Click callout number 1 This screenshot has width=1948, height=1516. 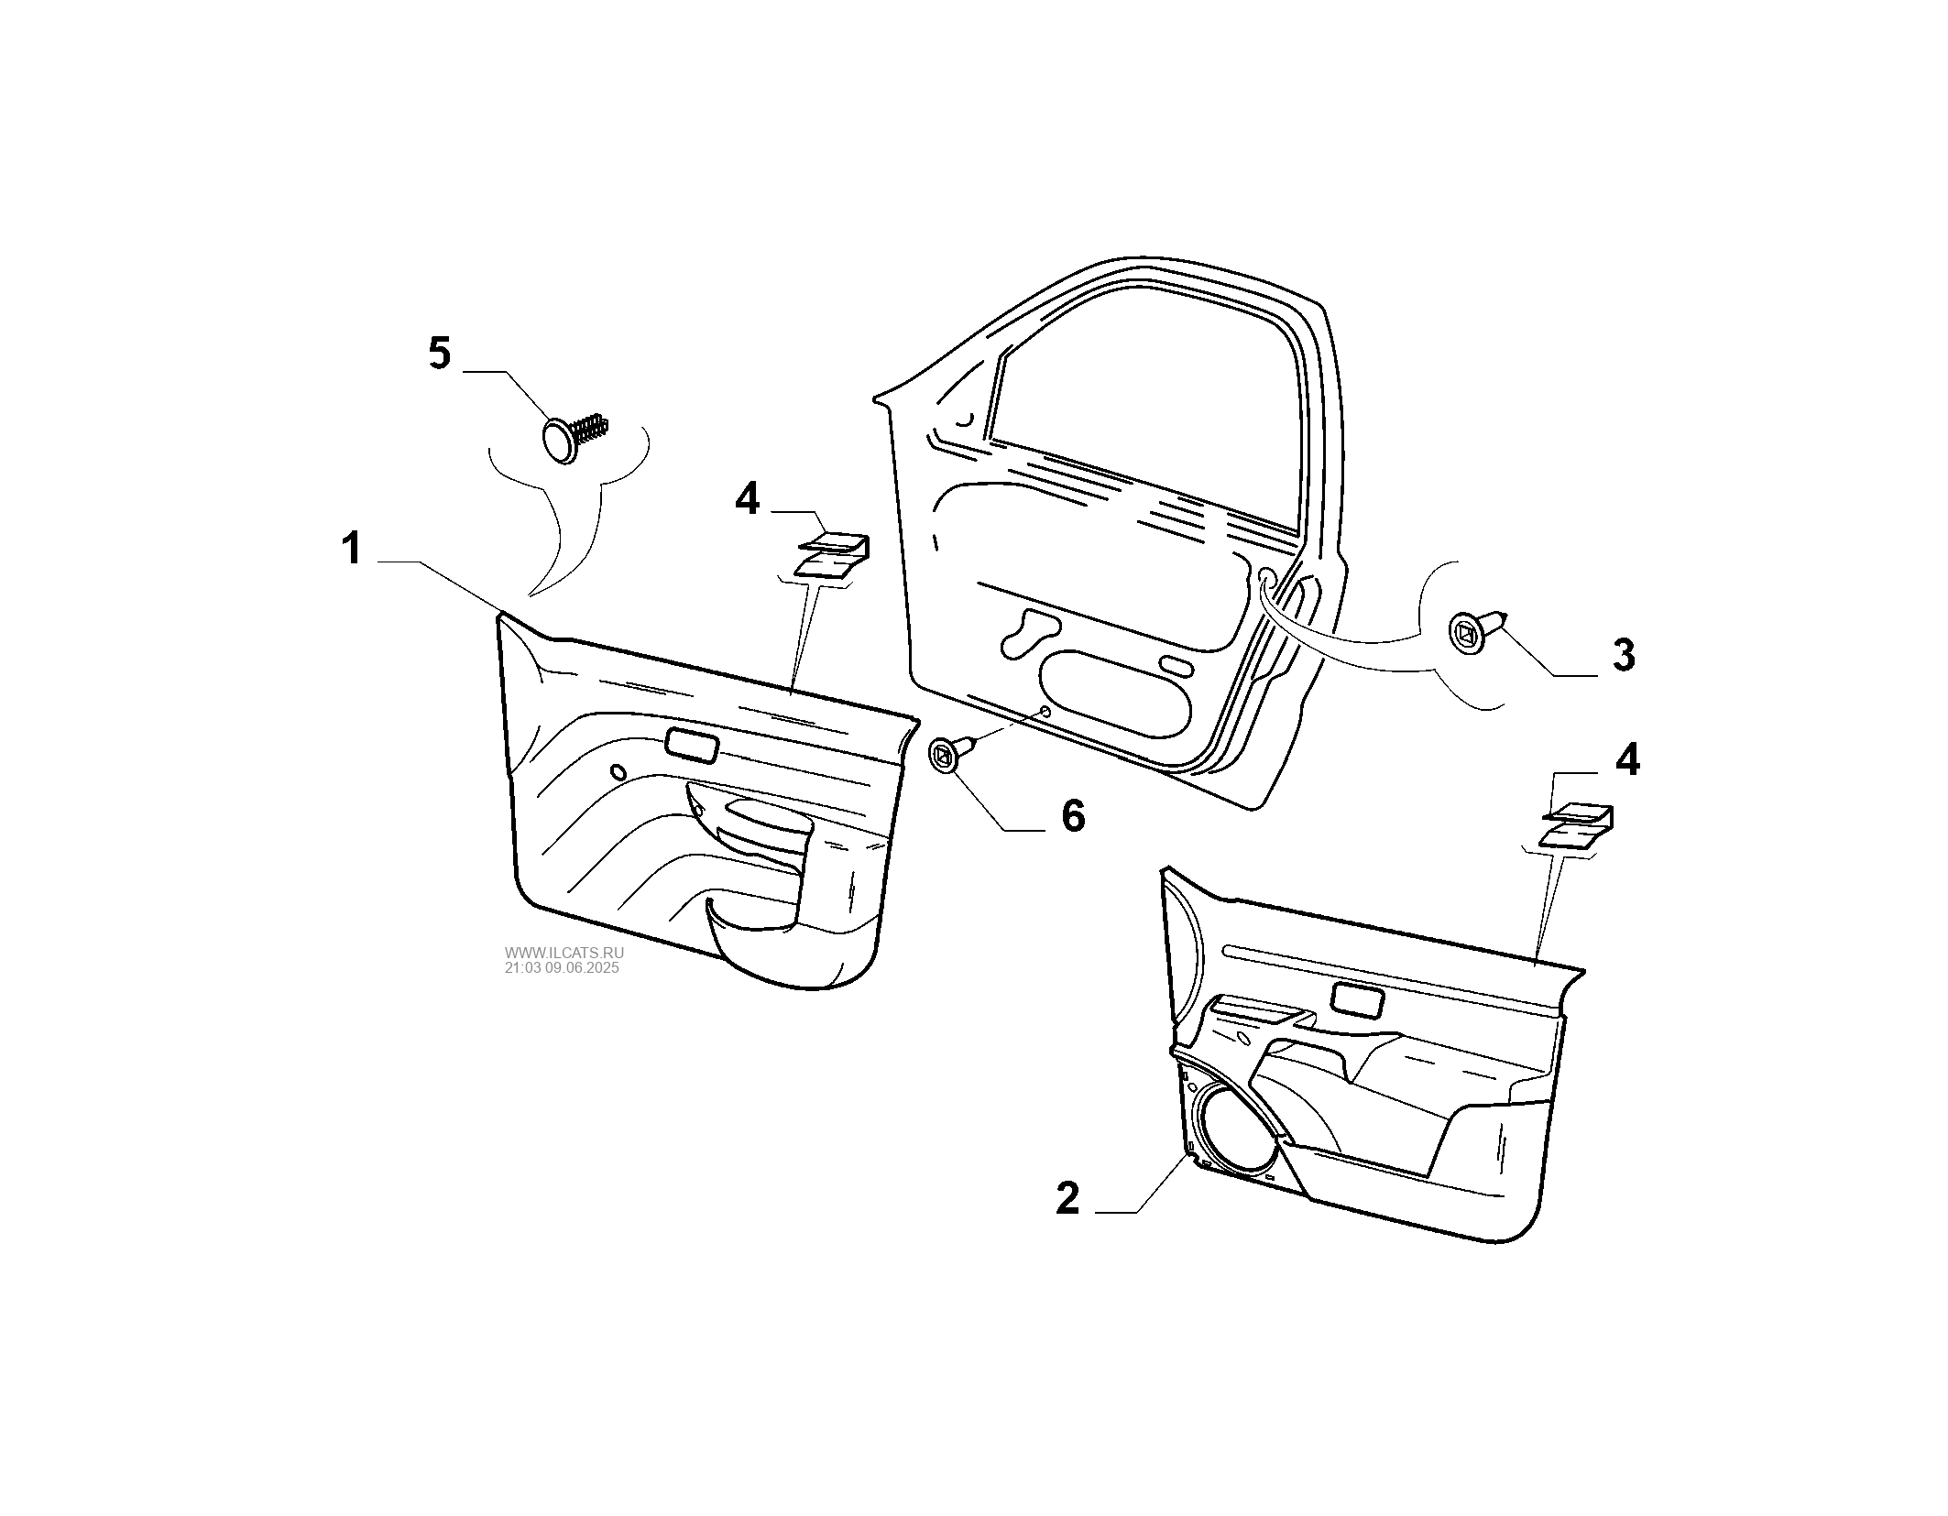point(352,551)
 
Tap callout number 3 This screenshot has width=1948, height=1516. point(1623,656)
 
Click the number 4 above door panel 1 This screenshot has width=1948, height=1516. point(748,500)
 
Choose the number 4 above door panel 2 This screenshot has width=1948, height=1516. point(1626,760)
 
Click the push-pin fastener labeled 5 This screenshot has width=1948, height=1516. point(575,435)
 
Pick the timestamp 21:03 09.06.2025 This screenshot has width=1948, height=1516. point(562,967)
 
